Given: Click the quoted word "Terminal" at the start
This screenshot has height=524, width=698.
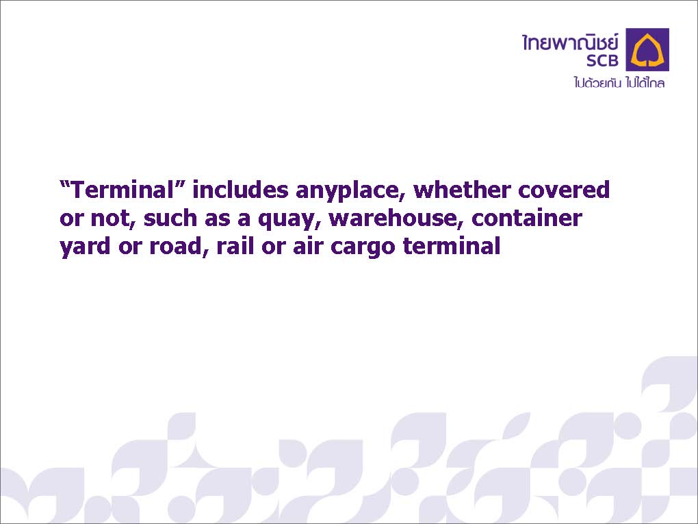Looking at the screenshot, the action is (x=122, y=189).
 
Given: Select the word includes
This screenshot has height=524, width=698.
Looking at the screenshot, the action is (x=240, y=189).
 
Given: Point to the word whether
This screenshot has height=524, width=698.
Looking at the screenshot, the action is (x=462, y=189).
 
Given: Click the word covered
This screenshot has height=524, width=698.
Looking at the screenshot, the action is (x=564, y=189).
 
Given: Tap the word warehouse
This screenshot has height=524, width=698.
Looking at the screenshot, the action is (x=393, y=219).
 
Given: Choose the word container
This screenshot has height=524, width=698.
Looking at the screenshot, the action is (x=527, y=218).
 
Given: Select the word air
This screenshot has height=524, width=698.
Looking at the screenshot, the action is (x=307, y=247).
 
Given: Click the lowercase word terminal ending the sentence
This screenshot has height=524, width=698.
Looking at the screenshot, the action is (x=452, y=247).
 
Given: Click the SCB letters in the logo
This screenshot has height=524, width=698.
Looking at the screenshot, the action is (x=602, y=60).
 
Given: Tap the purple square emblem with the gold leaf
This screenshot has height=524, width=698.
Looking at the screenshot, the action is (x=647, y=49).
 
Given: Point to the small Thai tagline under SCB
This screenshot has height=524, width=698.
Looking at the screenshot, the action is (x=619, y=82).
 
